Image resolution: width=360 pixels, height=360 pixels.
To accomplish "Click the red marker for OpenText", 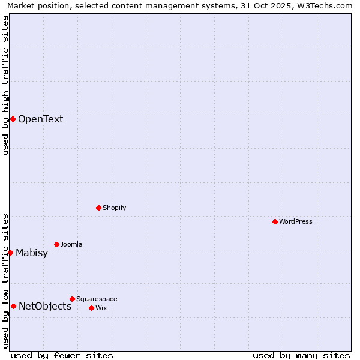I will coord(13,119).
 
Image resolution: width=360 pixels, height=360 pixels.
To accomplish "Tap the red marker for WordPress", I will coord(275,221).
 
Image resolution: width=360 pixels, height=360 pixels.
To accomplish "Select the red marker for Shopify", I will coord(98,208).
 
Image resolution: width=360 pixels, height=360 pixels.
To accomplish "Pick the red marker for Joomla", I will coord(56,244).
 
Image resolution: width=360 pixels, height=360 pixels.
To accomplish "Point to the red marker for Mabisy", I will coord(10,253).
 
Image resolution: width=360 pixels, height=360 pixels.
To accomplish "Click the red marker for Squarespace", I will coord(72,299).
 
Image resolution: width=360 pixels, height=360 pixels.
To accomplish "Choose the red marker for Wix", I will coord(91,308).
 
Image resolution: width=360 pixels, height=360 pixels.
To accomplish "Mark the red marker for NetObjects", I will coord(13,306).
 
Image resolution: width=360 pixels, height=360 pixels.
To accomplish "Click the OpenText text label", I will coord(40,119).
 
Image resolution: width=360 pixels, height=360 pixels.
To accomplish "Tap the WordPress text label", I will coord(296,221).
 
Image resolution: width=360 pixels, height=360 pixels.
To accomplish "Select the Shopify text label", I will coord(114,208).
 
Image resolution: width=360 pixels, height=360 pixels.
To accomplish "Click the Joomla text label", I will coord(71,244).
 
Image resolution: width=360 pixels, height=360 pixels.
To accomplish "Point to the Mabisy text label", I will coord(32,253).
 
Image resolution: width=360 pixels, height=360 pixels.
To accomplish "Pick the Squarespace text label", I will coord(97,299).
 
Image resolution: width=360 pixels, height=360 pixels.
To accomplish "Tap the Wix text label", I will coord(101,308).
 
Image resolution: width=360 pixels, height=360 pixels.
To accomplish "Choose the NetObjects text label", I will coord(45,306).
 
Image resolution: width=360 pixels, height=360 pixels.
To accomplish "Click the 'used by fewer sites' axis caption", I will coord(62,355).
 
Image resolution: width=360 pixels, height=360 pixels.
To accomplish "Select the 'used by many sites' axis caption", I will coord(301,355).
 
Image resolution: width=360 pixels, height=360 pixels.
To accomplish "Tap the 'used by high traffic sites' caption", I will coord(6,85).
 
